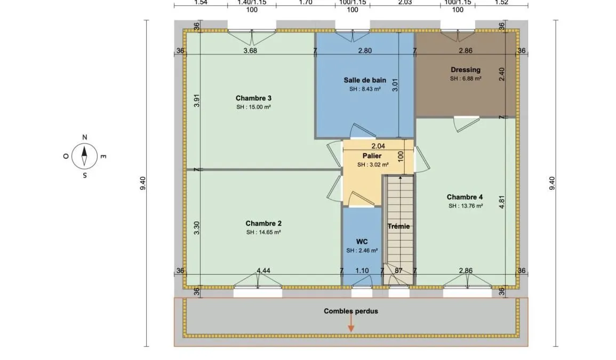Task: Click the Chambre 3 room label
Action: point(253,98)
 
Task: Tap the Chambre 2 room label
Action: point(263,223)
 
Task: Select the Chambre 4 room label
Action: point(465,197)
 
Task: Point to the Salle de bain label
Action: point(365,80)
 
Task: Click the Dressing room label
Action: point(466,70)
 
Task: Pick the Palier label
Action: point(372,156)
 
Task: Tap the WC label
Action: point(362,242)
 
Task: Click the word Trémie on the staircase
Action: point(399,226)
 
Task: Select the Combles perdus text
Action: point(351,311)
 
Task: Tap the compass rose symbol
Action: point(84,156)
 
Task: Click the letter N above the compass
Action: point(84,137)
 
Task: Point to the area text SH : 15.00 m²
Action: point(253,107)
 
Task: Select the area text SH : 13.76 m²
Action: point(466,206)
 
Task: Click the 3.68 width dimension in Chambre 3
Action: point(250,50)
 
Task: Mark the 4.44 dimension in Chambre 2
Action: point(263,270)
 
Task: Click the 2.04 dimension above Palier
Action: point(378,146)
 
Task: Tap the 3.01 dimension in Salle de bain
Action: point(395,85)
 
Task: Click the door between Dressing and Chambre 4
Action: point(466,123)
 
